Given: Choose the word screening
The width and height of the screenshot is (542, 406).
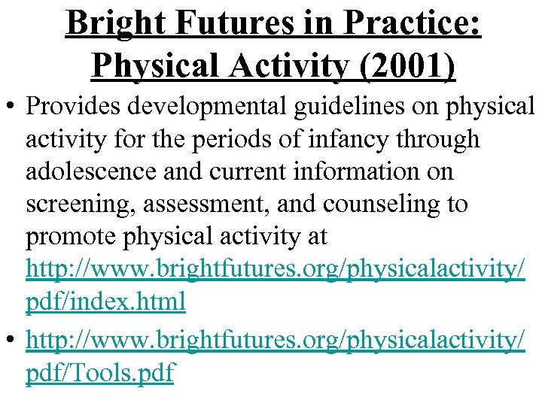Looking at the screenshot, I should pos(76,205).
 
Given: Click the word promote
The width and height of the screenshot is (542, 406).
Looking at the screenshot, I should pos(69,237).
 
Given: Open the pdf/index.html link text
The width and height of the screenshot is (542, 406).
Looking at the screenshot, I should pos(105,302).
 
